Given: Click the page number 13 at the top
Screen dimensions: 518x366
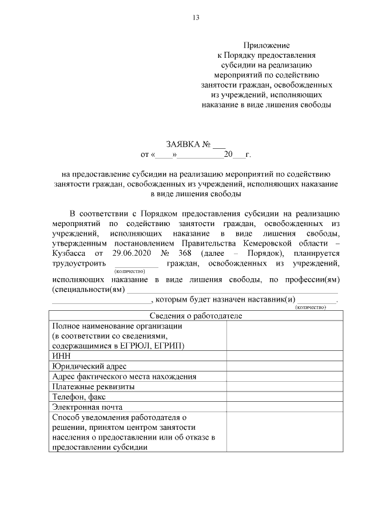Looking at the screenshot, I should (x=196, y=18).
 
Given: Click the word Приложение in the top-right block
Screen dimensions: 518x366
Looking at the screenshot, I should (x=266, y=45).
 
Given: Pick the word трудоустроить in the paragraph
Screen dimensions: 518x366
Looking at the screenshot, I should (x=78, y=264).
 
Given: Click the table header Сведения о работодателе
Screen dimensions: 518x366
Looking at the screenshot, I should (x=196, y=316).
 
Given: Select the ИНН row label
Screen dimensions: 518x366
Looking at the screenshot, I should (x=61, y=356).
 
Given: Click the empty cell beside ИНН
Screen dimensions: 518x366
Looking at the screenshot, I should (x=284, y=356).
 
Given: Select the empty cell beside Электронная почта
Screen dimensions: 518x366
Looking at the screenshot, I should (x=284, y=407).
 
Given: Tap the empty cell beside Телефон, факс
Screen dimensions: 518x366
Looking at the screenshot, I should (x=284, y=397).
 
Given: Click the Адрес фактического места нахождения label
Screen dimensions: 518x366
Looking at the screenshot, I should (x=124, y=377).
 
